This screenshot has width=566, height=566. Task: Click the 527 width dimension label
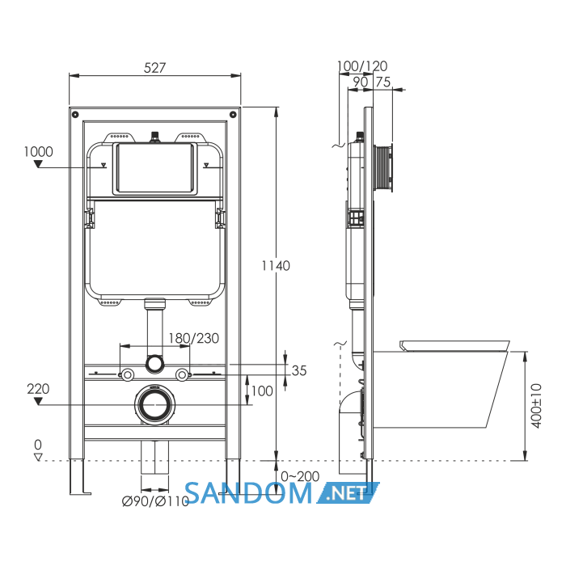pyautogui.click(x=154, y=68)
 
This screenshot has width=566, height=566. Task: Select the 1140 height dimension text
pyautogui.click(x=276, y=266)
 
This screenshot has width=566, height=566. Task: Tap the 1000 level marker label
pyautogui.click(x=38, y=152)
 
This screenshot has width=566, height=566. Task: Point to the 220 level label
pyautogui.click(x=38, y=389)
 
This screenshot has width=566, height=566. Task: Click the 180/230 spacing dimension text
pyautogui.click(x=194, y=338)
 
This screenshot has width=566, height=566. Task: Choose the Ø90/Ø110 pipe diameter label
pyautogui.click(x=155, y=501)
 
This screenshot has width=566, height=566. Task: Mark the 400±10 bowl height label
pyautogui.click(x=536, y=406)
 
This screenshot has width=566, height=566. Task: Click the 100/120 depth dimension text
pyautogui.click(x=362, y=66)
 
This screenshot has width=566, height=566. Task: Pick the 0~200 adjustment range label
pyautogui.click(x=300, y=476)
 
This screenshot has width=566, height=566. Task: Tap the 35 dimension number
pyautogui.click(x=299, y=370)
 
